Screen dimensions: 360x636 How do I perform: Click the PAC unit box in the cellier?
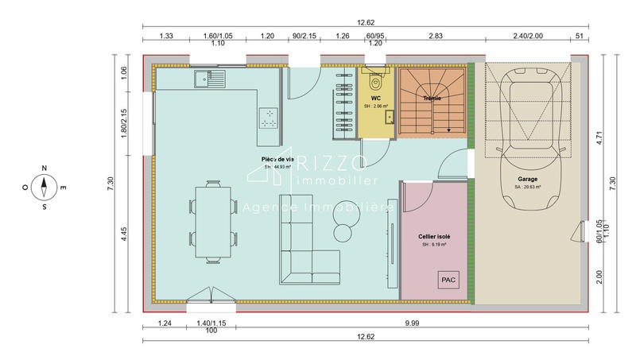448,280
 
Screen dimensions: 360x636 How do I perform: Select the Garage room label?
527,180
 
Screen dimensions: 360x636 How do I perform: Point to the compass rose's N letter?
45,169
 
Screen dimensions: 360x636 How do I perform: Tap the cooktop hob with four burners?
269,118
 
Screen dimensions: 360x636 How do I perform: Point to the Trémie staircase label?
432,99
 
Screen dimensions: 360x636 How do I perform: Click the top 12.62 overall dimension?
365,23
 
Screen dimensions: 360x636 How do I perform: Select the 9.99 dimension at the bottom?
412,323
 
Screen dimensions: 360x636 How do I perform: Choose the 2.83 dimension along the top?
436,37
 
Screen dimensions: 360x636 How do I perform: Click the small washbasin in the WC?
390,117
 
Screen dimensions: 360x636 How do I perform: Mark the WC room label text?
375,98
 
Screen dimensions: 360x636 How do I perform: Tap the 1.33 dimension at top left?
166,37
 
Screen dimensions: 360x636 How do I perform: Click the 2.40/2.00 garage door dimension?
527,37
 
